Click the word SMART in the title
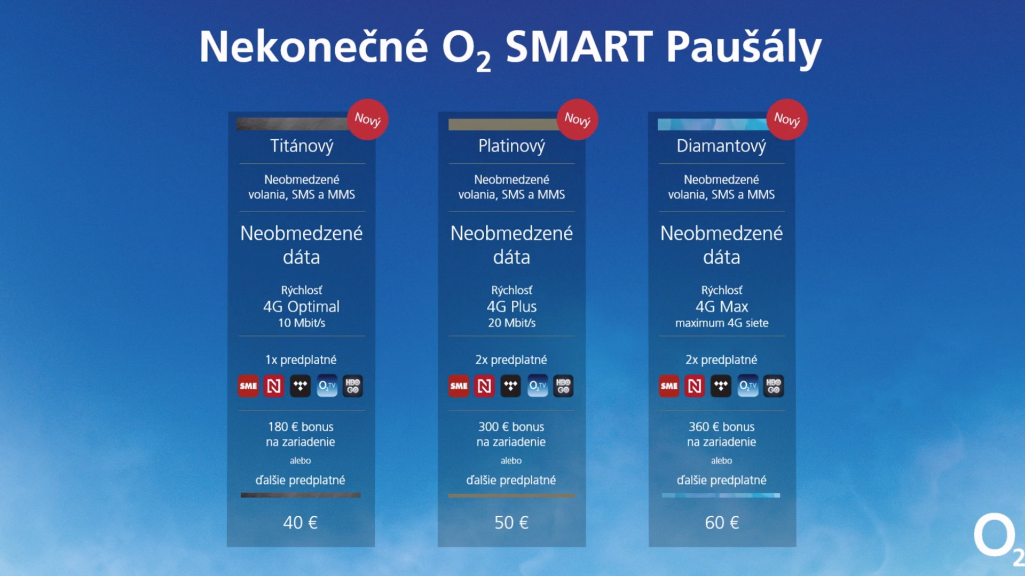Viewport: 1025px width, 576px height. pyautogui.click(x=579, y=46)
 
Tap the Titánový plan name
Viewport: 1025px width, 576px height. pyautogui.click(x=302, y=146)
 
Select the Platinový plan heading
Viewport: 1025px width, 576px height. pyautogui.click(x=511, y=146)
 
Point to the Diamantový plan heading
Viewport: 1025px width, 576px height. pyautogui.click(x=721, y=146)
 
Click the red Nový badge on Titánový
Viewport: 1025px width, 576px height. pyautogui.click(x=368, y=119)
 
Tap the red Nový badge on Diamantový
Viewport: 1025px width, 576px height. pyautogui.click(x=787, y=119)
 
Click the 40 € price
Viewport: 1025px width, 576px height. pyautogui.click(x=301, y=522)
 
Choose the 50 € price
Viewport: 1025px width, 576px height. pyautogui.click(x=511, y=522)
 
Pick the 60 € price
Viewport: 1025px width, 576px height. pyautogui.click(x=722, y=522)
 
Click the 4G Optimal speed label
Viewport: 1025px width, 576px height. pyautogui.click(x=301, y=307)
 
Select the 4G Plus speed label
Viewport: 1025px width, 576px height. pyautogui.click(x=511, y=307)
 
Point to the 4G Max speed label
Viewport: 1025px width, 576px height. pyautogui.click(x=722, y=307)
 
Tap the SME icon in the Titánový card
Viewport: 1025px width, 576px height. pyautogui.click(x=248, y=386)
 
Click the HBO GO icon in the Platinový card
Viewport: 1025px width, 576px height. pyautogui.click(x=563, y=386)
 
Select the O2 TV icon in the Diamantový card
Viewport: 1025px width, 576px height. pyautogui.click(x=747, y=386)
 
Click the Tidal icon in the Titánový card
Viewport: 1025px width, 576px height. pyautogui.click(x=300, y=386)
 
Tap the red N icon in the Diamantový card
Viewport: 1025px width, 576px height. pyautogui.click(x=695, y=386)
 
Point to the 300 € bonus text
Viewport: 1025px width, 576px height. pyautogui.click(x=511, y=427)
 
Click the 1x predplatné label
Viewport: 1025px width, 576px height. pyautogui.click(x=301, y=360)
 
